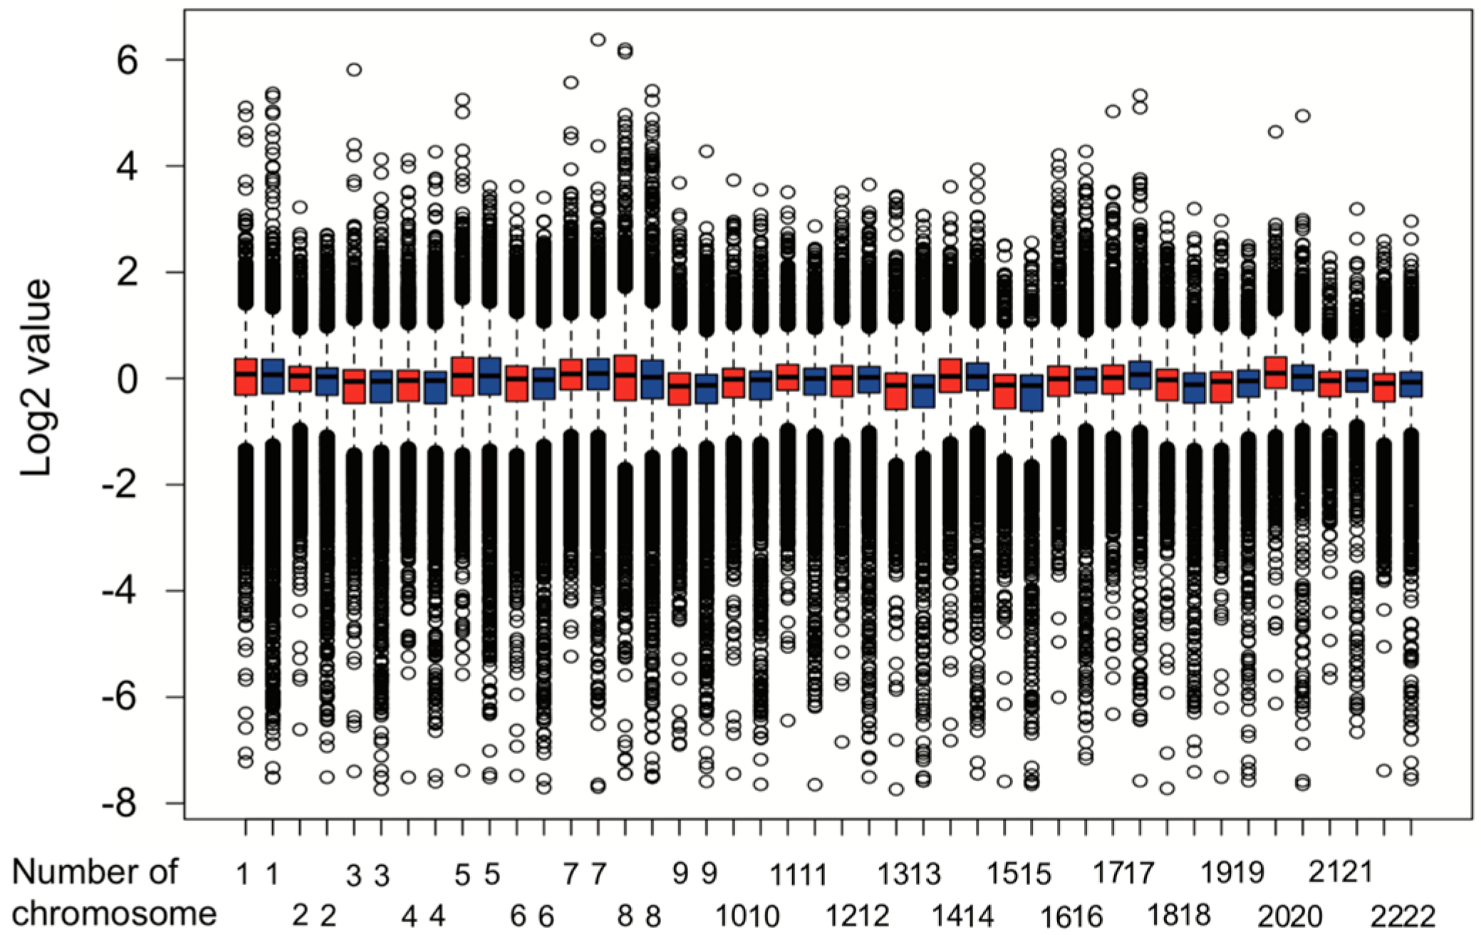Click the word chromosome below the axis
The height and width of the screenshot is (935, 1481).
coord(114,913)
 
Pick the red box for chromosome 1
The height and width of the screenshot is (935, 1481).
coord(246,377)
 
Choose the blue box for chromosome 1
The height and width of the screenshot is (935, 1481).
coord(273,376)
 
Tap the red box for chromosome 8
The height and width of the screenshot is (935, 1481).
coord(625,378)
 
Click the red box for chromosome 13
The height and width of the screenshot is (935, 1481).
coord(896,391)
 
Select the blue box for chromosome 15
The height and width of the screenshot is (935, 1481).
coord(1031,393)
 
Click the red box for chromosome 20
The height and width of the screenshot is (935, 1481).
coord(1275,373)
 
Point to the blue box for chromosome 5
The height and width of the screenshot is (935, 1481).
coord(490,376)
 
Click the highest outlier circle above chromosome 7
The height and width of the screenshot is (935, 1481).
coord(598,39)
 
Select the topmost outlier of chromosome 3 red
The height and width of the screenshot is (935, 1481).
coord(354,70)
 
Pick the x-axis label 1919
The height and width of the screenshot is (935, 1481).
coord(1233,872)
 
